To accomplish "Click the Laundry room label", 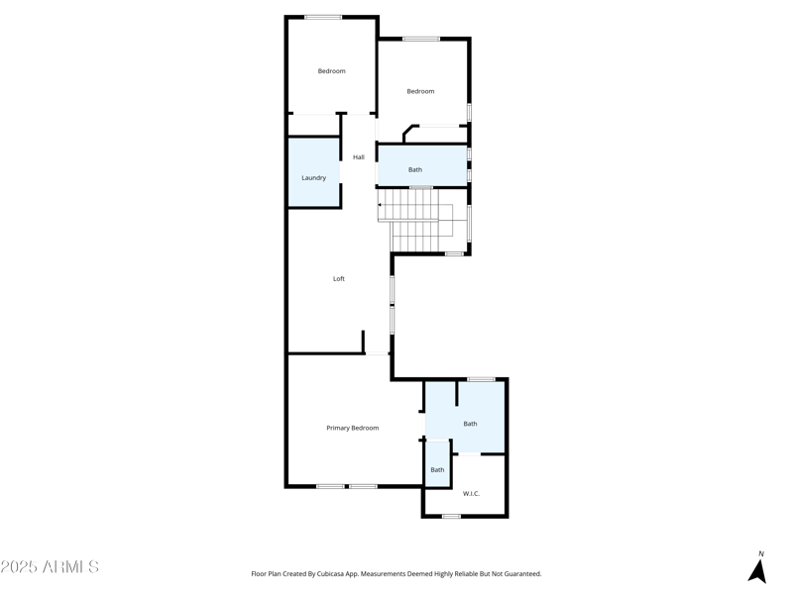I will tap(313, 178).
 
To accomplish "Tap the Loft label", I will tap(339, 279).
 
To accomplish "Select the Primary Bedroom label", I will tap(353, 428).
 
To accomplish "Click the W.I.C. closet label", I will tap(471, 493).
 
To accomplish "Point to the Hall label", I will tap(359, 157).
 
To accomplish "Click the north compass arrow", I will tap(757, 571).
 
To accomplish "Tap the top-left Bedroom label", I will tap(331, 71).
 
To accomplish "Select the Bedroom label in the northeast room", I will tap(420, 91).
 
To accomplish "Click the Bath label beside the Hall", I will tap(415, 170).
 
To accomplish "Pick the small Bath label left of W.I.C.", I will tap(437, 470).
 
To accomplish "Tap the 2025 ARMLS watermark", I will tap(50, 567).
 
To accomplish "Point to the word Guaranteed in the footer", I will tap(518, 574).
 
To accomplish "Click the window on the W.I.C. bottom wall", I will tap(451, 516).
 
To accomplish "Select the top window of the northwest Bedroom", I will tap(323, 17).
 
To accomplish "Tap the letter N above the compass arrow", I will tap(761, 553).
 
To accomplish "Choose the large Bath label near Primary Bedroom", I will tap(470, 424).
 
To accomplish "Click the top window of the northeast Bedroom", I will tap(421, 40).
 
